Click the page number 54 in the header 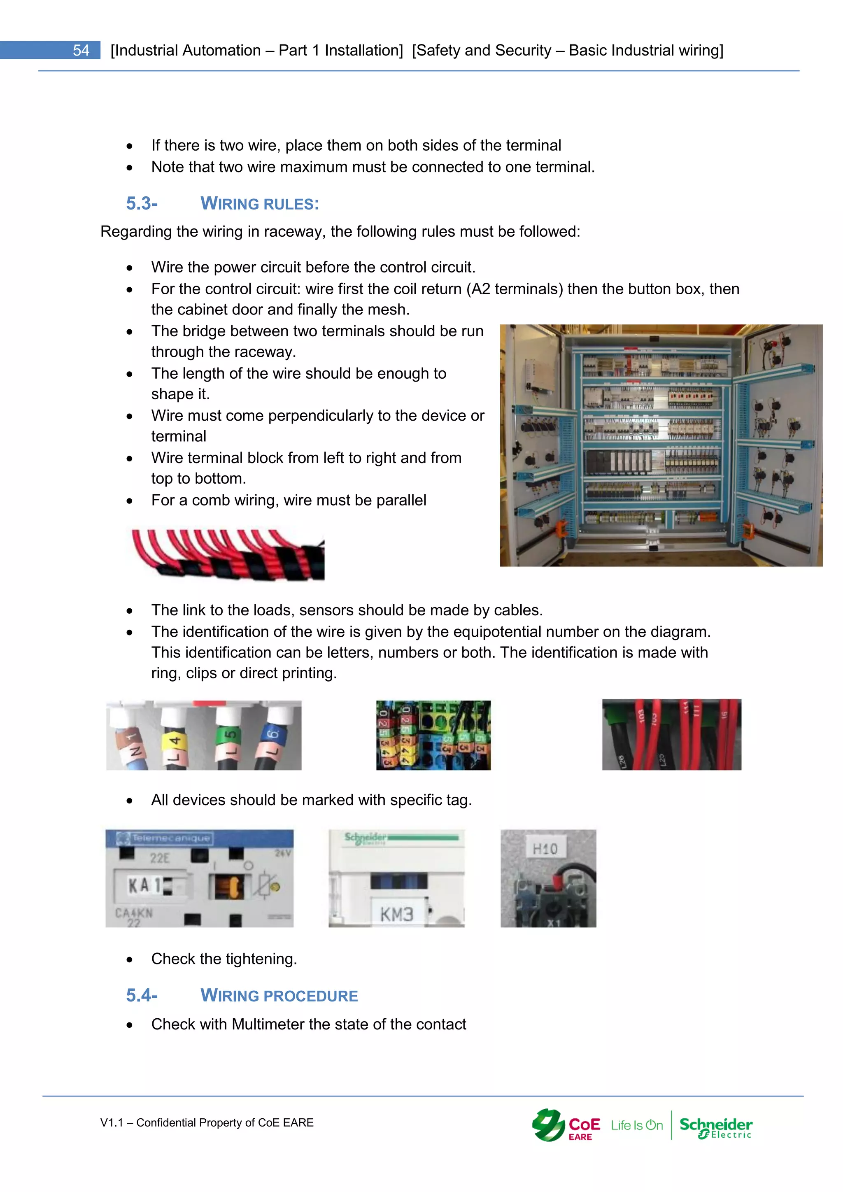(x=81, y=50)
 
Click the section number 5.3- (x=142, y=203)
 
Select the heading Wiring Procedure (x=279, y=995)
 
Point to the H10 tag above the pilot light (x=545, y=849)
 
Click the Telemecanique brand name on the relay (x=170, y=838)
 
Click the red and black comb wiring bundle (x=228, y=554)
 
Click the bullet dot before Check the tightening (x=129, y=960)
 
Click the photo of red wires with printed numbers (x=671, y=735)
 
